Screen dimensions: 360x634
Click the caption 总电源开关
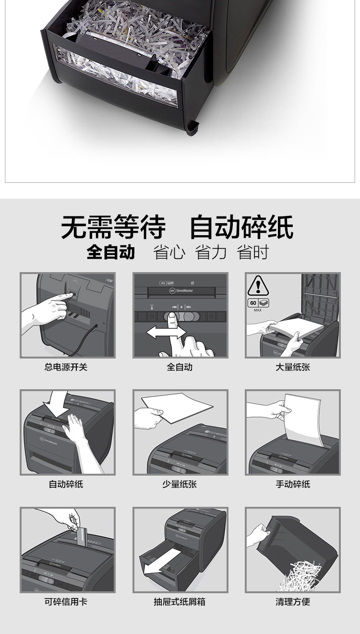click(66, 367)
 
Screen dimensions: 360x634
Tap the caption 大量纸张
click(293, 367)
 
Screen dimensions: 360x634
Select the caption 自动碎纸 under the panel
click(66, 484)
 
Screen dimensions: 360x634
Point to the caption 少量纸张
click(180, 484)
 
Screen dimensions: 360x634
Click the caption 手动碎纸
click(293, 484)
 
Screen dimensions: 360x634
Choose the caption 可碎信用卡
click(66, 601)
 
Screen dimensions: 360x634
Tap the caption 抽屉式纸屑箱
click(180, 601)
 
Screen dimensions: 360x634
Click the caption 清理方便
click(293, 601)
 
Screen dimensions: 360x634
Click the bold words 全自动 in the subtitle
click(111, 252)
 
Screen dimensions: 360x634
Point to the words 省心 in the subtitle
click(169, 252)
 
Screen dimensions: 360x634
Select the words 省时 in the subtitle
click(253, 252)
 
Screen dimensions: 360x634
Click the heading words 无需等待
click(113, 227)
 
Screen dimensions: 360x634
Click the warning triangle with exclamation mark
click(258, 286)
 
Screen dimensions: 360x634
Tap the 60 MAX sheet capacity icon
click(258, 305)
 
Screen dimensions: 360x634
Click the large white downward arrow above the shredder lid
click(57, 405)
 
